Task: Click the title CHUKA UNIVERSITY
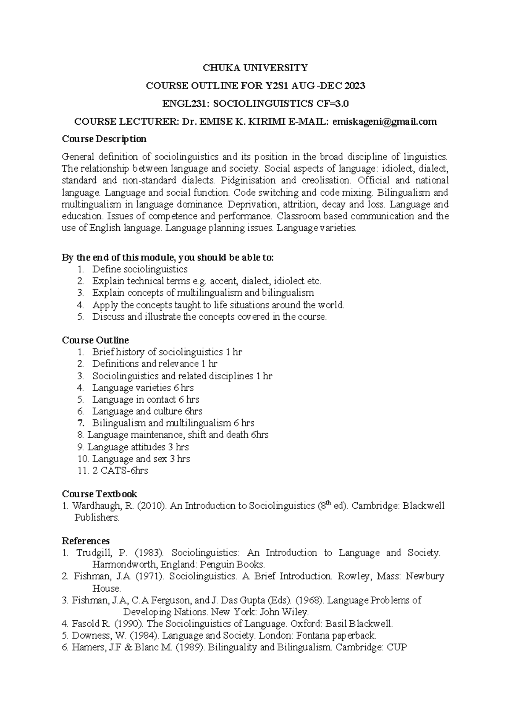pos(255,68)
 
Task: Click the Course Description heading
pos(104,139)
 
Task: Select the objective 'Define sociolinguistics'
pos(140,269)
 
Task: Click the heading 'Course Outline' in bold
pos(95,340)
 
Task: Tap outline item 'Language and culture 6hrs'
pos(147,411)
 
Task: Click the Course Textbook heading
pos(99,494)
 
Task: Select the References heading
pos(86,541)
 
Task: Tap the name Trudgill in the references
pos(95,553)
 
